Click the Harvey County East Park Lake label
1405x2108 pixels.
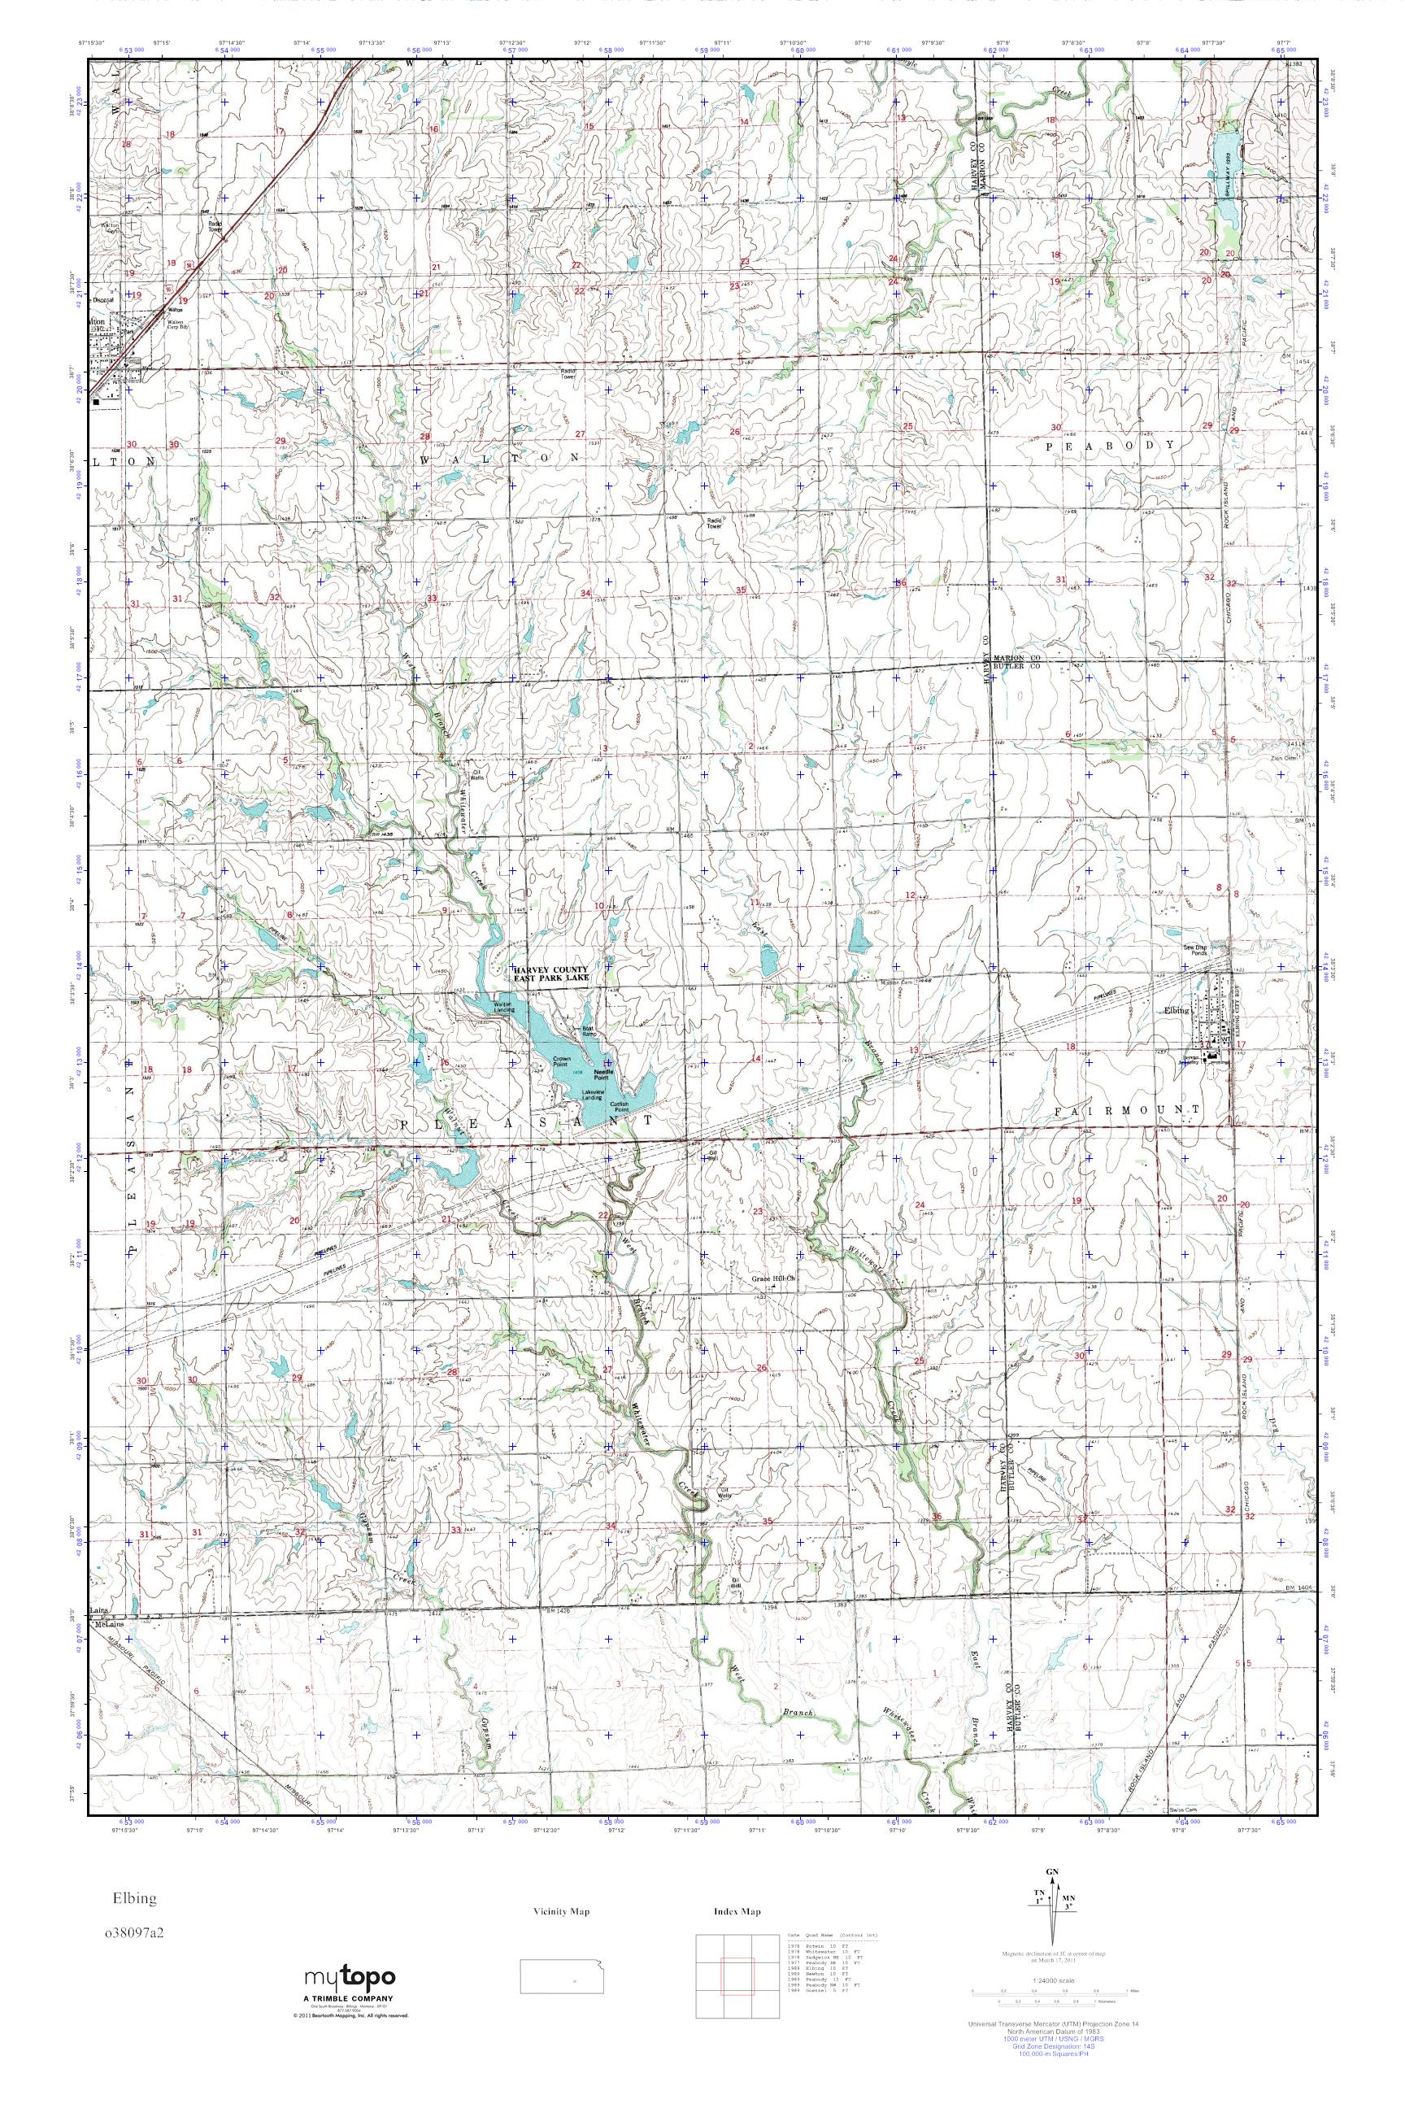point(550,974)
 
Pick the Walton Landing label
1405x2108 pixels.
point(502,1008)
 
